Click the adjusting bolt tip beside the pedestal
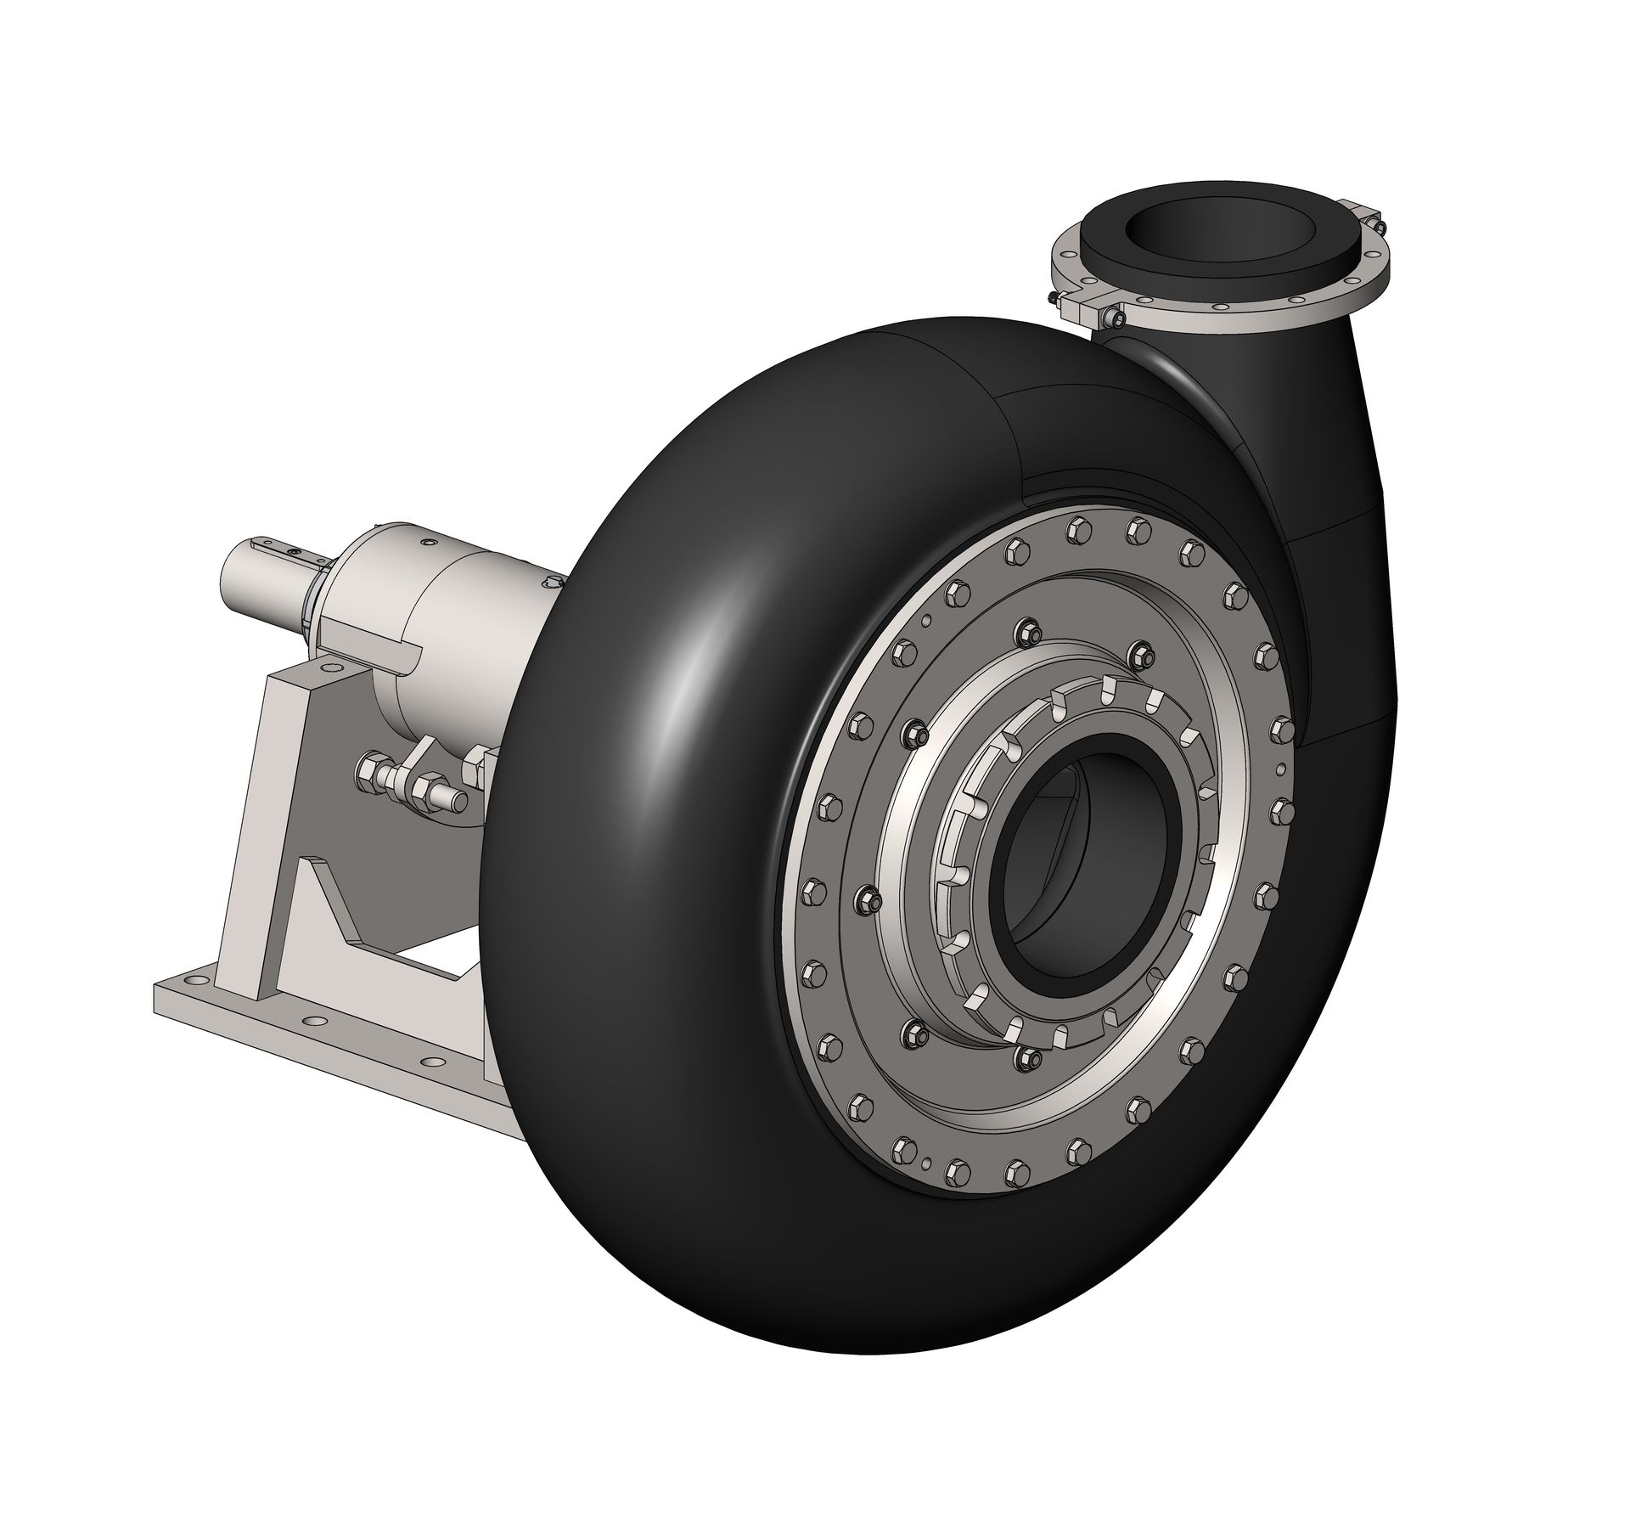point(459,800)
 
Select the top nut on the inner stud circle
point(1025,629)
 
